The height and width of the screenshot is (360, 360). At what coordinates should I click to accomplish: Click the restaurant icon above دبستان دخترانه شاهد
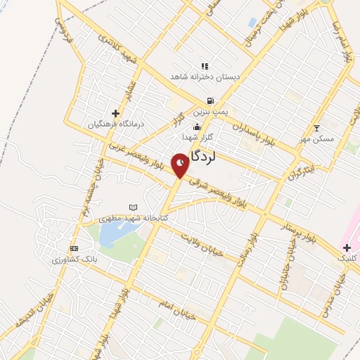click(x=205, y=65)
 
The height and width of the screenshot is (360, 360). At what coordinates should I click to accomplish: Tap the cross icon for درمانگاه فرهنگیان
click(x=115, y=113)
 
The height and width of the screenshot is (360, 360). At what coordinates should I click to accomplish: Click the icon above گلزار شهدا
click(x=196, y=127)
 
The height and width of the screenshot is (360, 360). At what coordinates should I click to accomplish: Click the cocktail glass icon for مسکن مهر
click(x=316, y=127)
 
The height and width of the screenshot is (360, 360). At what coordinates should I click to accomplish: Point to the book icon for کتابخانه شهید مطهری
click(x=133, y=207)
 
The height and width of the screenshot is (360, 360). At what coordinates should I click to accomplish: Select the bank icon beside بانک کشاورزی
click(x=74, y=248)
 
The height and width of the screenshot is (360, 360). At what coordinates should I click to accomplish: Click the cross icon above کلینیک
click(x=347, y=247)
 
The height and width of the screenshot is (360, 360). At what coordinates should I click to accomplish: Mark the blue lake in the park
click(x=111, y=236)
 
